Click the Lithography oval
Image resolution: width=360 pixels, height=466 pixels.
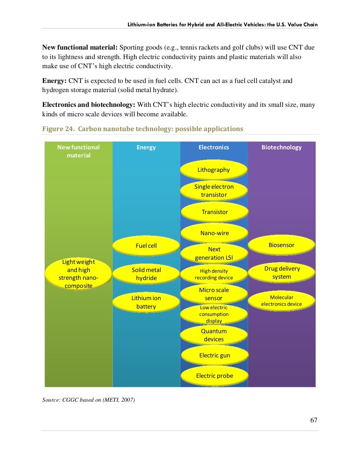[x=214, y=170]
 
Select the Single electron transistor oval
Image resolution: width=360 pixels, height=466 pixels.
[x=214, y=190]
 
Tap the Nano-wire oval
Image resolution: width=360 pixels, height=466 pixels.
[x=214, y=233]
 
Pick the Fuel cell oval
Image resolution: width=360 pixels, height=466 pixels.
[x=146, y=246]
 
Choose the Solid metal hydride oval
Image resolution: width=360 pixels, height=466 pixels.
[x=146, y=274]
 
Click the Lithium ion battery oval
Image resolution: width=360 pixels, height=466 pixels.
[x=146, y=302]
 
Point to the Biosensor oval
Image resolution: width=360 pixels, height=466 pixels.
[x=281, y=245]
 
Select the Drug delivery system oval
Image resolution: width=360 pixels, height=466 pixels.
[x=281, y=273]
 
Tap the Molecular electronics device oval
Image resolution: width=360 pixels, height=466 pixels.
[x=281, y=301]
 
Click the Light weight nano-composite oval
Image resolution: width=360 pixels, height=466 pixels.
[x=78, y=274]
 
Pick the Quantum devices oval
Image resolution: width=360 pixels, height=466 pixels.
[x=214, y=335]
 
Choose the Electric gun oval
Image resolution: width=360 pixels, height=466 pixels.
[x=214, y=355]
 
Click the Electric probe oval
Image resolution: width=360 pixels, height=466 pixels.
[x=214, y=376]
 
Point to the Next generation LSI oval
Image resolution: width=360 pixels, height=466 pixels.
[x=214, y=253]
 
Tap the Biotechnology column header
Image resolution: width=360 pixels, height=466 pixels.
[x=281, y=147]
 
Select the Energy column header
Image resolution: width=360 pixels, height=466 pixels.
[x=146, y=147]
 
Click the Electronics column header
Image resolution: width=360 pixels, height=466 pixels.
[x=214, y=147]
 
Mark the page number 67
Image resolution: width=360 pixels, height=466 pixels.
[x=314, y=420]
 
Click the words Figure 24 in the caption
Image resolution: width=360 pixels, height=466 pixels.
[x=58, y=129]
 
